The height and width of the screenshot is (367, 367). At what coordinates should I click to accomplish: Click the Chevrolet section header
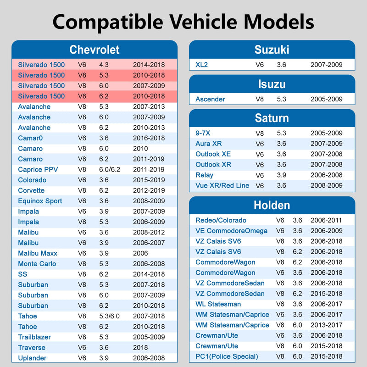[95, 50]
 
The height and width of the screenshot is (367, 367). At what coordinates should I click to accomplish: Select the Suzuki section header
[272, 50]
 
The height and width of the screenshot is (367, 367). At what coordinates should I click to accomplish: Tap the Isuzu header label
[272, 84]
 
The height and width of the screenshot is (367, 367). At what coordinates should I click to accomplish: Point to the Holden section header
[272, 205]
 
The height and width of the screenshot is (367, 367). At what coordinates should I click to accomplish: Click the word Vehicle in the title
[203, 22]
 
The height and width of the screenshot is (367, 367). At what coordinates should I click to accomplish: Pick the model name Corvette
[31, 190]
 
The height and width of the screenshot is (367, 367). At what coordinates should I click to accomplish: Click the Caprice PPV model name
[38, 169]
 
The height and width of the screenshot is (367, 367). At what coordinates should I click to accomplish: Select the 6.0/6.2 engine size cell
[110, 169]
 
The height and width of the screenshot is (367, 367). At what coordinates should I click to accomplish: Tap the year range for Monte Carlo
[149, 263]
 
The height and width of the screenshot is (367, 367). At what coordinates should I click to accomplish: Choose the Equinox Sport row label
[40, 201]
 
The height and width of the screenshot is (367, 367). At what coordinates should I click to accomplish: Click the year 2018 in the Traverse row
[140, 347]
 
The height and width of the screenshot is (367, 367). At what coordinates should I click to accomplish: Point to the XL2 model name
[201, 65]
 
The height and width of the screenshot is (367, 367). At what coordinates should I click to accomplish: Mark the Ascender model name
[210, 99]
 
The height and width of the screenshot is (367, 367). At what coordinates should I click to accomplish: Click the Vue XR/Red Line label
[222, 185]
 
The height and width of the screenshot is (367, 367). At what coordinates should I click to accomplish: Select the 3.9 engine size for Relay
[281, 175]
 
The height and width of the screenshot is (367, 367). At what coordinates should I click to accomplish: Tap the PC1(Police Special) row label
[227, 356]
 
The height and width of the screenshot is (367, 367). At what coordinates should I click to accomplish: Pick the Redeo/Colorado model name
[221, 220]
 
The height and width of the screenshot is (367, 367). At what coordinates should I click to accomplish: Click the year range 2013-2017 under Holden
[327, 325]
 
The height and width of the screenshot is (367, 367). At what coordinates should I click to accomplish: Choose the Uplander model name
[32, 358]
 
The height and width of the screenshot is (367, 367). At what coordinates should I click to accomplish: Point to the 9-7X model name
[203, 133]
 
